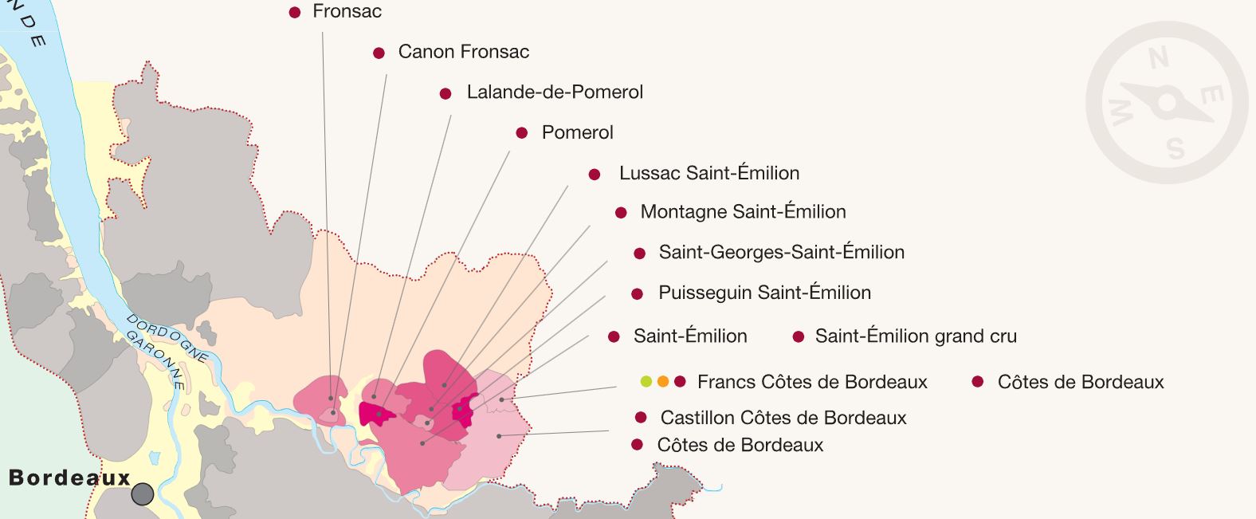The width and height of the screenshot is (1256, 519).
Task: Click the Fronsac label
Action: point(347,11)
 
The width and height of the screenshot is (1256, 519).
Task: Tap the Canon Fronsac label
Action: point(463,52)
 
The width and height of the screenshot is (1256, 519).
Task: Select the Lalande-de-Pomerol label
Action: point(555,92)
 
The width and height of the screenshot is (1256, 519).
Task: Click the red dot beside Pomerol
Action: point(522,133)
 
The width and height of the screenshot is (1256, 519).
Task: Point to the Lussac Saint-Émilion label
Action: point(708,173)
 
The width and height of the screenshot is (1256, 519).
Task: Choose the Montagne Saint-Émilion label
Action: point(743,212)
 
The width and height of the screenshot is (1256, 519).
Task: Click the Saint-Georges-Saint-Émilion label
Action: point(781,253)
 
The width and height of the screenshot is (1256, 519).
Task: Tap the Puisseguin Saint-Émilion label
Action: point(764,293)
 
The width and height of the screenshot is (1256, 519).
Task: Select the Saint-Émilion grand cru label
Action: point(915,336)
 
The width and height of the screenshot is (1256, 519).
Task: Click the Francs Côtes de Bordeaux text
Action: point(811,382)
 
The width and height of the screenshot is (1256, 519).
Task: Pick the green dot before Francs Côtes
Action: point(646,382)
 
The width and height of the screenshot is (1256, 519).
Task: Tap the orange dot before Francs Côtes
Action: point(663,382)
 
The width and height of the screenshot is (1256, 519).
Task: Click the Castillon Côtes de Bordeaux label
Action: point(783,418)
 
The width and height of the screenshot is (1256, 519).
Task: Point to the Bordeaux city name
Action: point(69,478)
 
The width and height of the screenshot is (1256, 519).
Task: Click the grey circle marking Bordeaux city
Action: point(142,494)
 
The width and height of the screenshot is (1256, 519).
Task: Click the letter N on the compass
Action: point(1158,57)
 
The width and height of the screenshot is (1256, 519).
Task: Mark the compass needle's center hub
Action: point(1167,103)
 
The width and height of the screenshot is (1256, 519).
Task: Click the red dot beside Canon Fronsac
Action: point(379,53)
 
